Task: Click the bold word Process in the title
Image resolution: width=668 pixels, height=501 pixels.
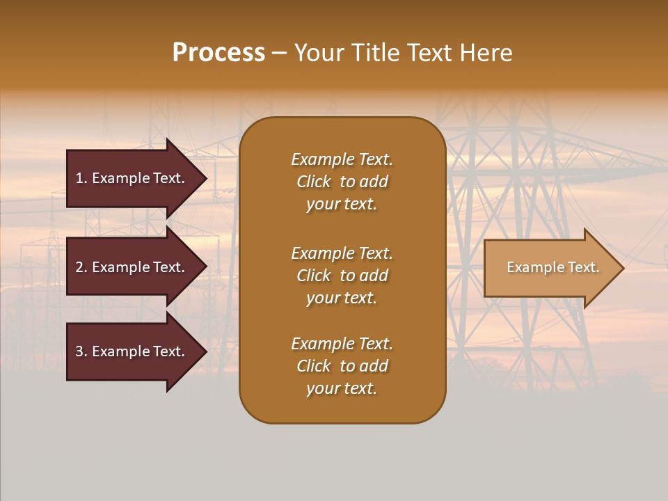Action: pyautogui.click(x=218, y=53)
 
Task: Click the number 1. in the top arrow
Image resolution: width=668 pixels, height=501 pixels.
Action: pyautogui.click(x=81, y=178)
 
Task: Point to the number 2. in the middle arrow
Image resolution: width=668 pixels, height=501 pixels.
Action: pyautogui.click(x=81, y=267)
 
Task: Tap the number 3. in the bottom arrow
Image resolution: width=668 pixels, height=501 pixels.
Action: pyautogui.click(x=81, y=351)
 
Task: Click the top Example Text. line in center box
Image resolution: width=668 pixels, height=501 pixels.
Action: pyautogui.click(x=342, y=159)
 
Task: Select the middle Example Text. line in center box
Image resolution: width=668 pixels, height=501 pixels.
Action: pyautogui.click(x=342, y=253)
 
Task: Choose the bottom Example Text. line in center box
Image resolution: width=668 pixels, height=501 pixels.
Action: pyautogui.click(x=342, y=344)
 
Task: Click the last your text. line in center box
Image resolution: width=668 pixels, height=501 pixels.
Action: pyautogui.click(x=342, y=388)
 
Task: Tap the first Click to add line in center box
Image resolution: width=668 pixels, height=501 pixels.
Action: pyautogui.click(x=342, y=182)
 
